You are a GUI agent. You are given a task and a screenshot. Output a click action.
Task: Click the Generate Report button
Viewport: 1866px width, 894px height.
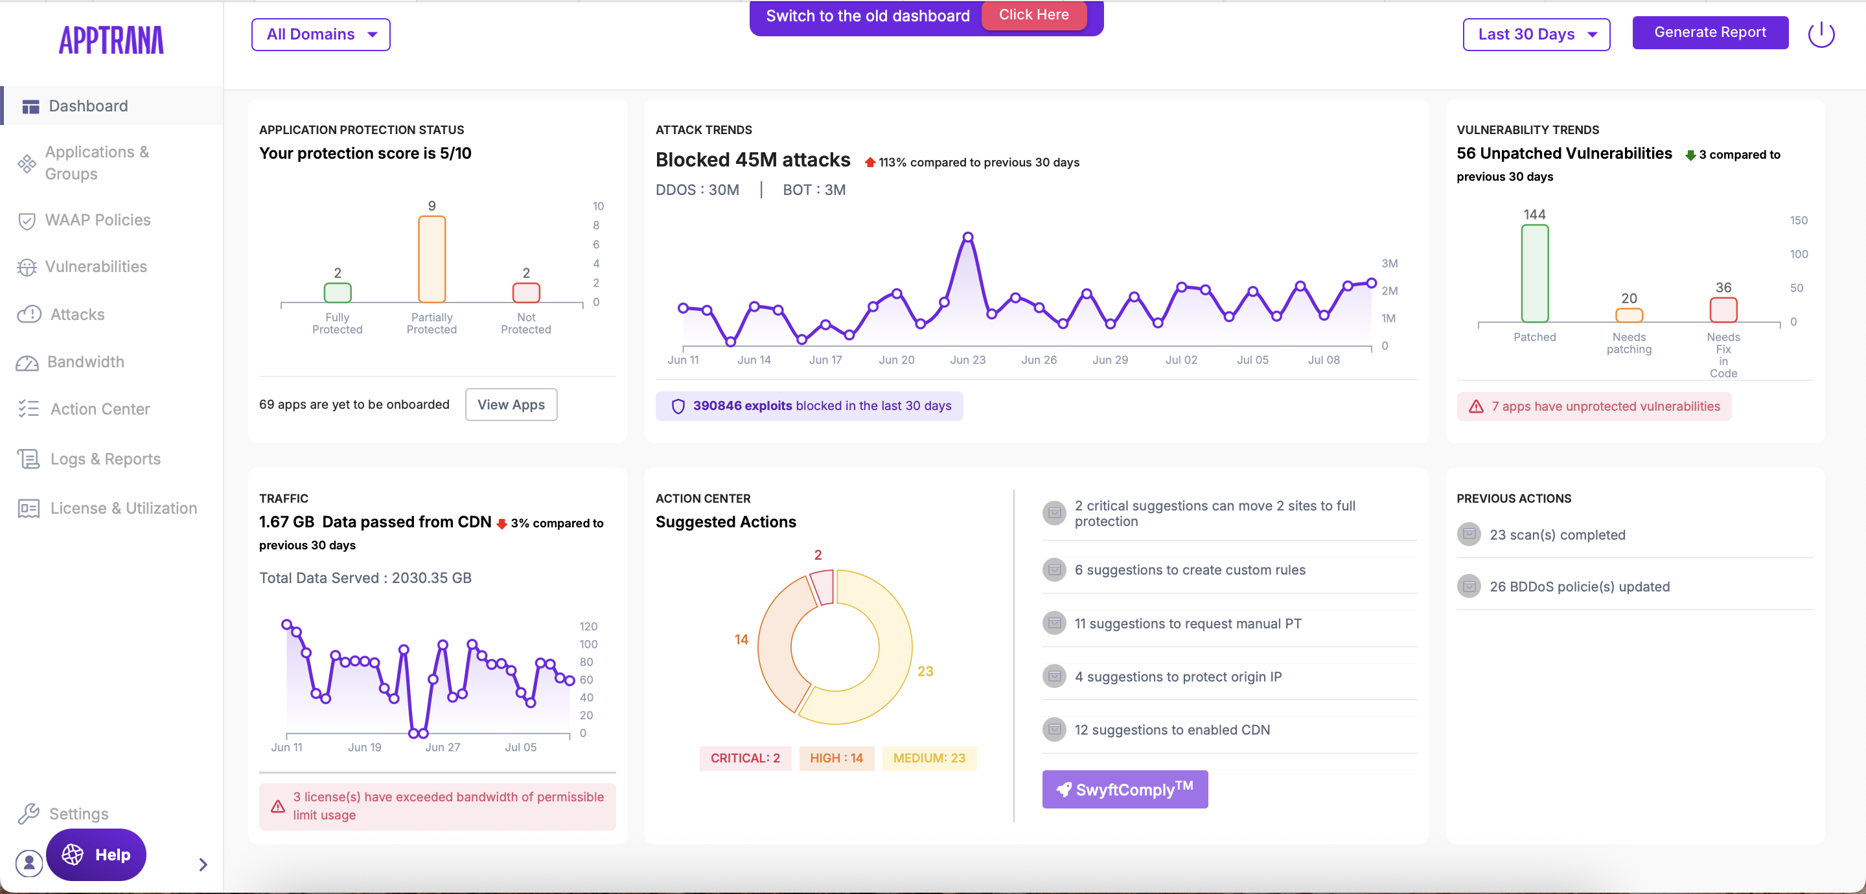(x=1710, y=32)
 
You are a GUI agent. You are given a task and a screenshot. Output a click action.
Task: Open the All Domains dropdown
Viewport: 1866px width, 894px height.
(x=320, y=35)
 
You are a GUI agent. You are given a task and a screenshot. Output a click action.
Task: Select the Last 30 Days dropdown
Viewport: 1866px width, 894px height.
(x=1536, y=35)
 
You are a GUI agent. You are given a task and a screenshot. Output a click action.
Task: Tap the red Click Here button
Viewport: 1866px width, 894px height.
(x=1033, y=15)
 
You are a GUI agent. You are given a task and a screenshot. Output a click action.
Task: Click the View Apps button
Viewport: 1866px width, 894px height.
(x=511, y=405)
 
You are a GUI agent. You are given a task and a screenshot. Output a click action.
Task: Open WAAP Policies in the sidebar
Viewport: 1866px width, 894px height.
(x=97, y=220)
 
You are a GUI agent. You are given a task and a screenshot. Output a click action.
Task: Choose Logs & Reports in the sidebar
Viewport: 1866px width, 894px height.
(x=105, y=459)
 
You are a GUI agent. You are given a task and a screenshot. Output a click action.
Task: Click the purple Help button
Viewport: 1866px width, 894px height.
(x=97, y=855)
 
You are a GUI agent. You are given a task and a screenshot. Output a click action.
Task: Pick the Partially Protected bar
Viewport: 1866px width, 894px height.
(x=432, y=259)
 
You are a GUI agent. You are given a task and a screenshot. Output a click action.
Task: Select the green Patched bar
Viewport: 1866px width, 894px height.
(x=1534, y=273)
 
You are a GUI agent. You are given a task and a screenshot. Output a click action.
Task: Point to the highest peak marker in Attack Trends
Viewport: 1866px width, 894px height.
(x=968, y=237)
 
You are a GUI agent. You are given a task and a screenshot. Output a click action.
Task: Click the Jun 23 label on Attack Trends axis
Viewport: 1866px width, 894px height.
(x=968, y=360)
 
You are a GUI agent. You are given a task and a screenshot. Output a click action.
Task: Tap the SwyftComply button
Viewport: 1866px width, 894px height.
(x=1124, y=790)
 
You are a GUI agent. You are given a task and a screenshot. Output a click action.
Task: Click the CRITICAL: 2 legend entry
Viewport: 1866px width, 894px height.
(x=744, y=759)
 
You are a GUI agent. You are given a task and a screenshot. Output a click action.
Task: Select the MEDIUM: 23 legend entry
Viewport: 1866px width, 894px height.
(x=928, y=759)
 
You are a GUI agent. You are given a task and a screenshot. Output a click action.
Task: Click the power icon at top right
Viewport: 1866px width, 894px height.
(x=1821, y=34)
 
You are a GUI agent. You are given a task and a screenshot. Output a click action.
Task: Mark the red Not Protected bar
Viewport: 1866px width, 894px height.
(x=526, y=293)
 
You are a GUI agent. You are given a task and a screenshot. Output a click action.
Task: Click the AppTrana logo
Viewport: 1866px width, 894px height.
(x=111, y=41)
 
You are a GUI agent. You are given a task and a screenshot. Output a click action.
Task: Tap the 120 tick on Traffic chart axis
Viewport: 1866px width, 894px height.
(x=588, y=626)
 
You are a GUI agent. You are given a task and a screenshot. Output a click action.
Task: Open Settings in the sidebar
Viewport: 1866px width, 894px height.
(x=78, y=814)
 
